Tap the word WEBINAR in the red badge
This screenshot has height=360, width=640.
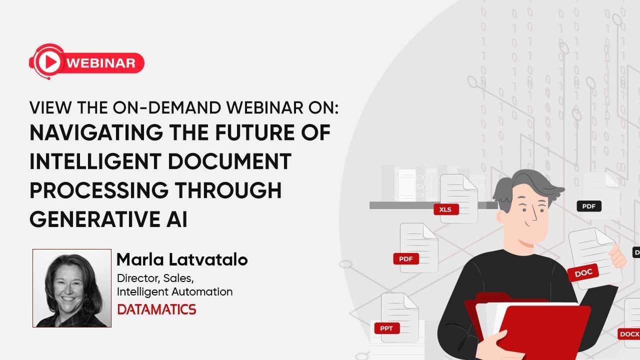100,63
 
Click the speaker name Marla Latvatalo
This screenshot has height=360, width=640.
182,260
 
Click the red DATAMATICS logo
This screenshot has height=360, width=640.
156,309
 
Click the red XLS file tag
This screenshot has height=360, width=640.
445,209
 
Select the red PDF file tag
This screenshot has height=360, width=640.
405,259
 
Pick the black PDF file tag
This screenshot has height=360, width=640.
588,206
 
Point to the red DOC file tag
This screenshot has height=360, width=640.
583,273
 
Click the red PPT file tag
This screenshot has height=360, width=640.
386,328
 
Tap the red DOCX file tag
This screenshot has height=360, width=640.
629,333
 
